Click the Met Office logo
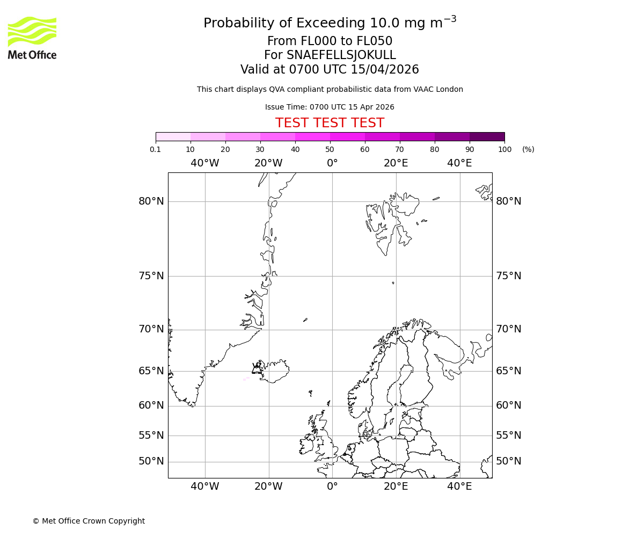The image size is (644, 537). pos(32,38)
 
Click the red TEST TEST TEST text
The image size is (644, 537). pos(330,124)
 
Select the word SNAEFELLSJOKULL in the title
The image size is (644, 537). pos(341,55)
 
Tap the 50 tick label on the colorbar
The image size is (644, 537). pos(330,149)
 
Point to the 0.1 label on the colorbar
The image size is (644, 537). pos(156,149)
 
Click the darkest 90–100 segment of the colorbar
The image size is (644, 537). pos(487,136)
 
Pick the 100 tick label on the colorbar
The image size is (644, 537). pos(504,149)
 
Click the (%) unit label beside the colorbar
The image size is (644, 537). pos(528,149)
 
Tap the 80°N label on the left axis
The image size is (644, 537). pos(151,201)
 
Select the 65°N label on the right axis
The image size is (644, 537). pos(508,371)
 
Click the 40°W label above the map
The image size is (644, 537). pos(204,163)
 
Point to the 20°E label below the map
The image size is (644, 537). pos(396,487)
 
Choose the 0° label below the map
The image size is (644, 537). pos(332,487)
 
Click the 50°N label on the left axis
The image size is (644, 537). pos(151,461)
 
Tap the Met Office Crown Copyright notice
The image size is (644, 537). pos(89,521)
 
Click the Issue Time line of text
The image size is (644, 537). pos(330,107)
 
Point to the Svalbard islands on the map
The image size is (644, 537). pos(389,223)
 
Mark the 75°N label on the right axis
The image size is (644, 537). pos(508,276)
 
